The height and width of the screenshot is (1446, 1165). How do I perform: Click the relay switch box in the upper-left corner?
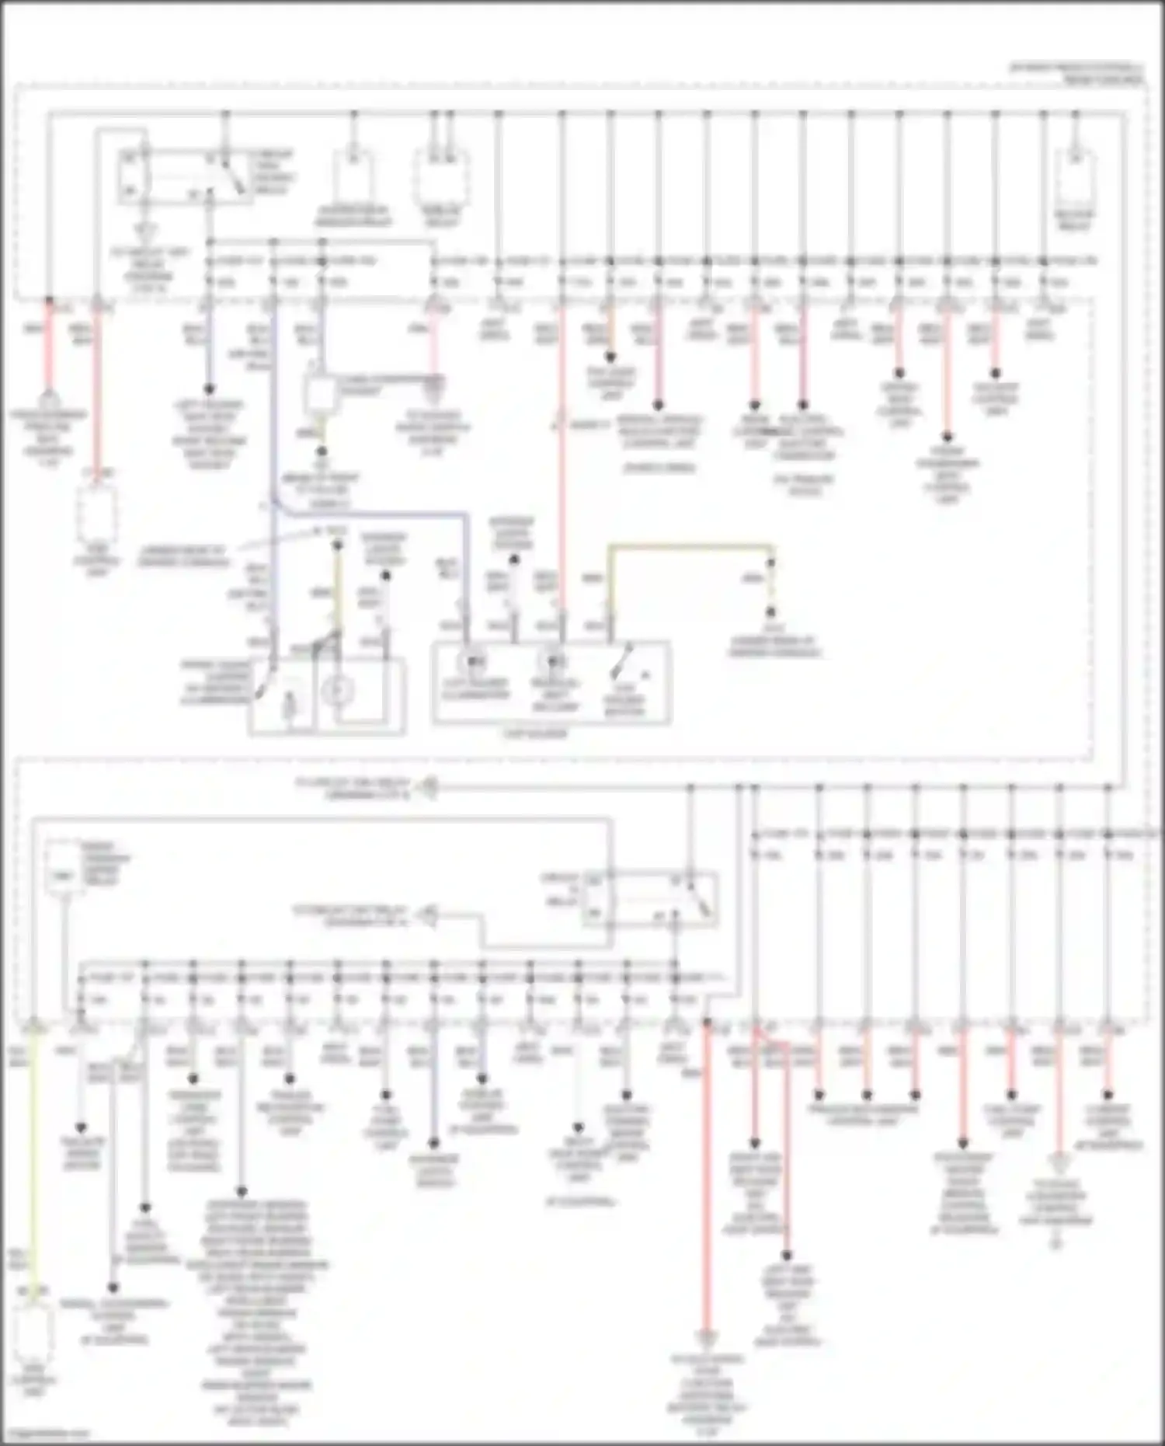click(185, 177)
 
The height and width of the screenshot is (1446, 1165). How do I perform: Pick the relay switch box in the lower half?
click(649, 900)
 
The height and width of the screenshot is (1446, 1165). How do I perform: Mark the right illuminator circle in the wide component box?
click(553, 662)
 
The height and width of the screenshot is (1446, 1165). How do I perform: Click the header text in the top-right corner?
click(1077, 74)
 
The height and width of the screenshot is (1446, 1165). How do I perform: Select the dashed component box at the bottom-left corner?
click(34, 1334)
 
